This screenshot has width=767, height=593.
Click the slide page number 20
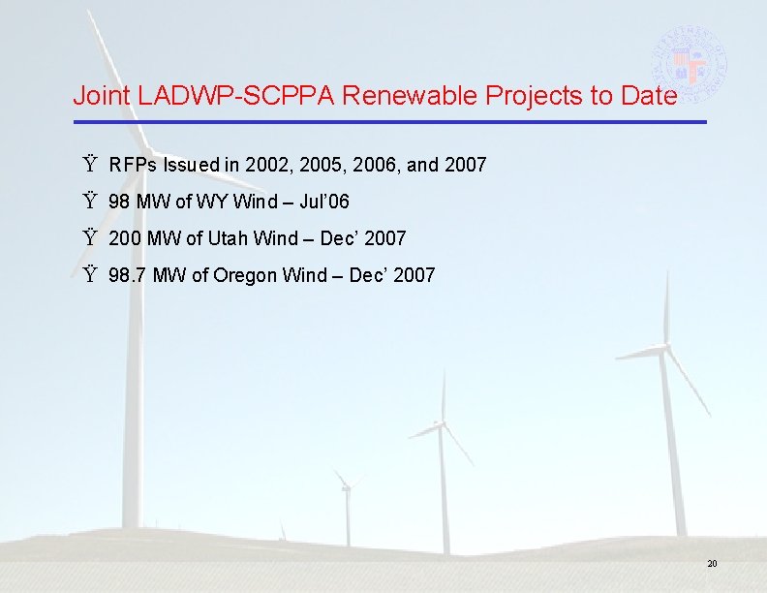(x=712, y=564)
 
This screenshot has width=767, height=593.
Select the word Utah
(x=230, y=238)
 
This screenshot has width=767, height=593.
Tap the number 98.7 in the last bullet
(x=129, y=275)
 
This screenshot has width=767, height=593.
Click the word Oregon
(x=245, y=275)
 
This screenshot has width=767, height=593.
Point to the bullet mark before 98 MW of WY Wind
(x=91, y=203)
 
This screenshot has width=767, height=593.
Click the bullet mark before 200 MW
(x=91, y=238)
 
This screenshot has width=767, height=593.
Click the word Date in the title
(x=650, y=96)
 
